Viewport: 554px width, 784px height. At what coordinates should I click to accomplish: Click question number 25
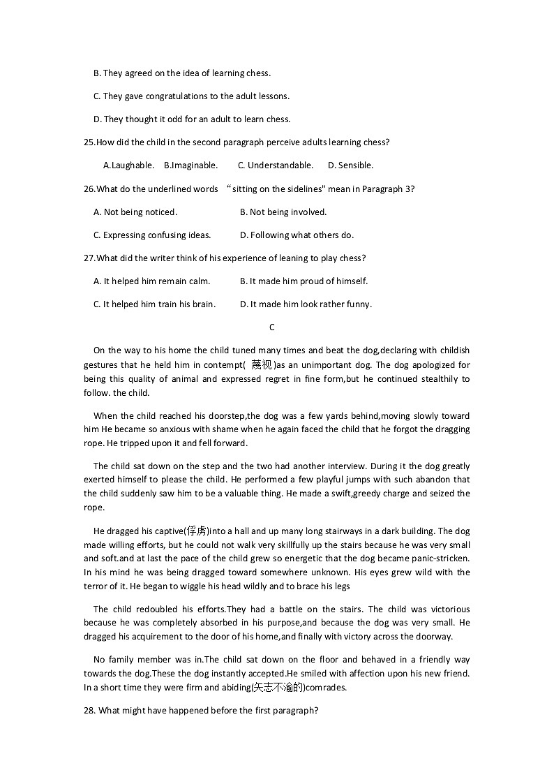tap(89, 142)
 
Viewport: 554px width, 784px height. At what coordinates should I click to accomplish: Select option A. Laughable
tap(128, 165)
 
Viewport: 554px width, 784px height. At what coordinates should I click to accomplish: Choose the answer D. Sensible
tap(350, 165)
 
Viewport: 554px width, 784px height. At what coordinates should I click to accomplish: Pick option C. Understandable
tap(276, 165)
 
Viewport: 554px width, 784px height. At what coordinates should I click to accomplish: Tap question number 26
tap(89, 189)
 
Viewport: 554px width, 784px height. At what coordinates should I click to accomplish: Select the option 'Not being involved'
tap(283, 212)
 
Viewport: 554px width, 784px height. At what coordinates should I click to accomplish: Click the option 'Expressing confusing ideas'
tap(152, 235)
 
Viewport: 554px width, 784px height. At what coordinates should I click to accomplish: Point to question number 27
tap(89, 258)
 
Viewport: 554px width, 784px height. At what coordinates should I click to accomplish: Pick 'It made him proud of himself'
tap(304, 281)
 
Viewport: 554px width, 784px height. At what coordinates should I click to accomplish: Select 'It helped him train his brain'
tap(154, 304)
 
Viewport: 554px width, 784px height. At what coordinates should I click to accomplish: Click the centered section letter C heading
tap(272, 327)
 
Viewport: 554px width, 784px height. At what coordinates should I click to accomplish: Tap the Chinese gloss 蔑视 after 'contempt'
tap(262, 365)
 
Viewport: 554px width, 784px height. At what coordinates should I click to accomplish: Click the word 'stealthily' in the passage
tap(439, 379)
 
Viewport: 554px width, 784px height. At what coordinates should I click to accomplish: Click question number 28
tap(90, 711)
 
